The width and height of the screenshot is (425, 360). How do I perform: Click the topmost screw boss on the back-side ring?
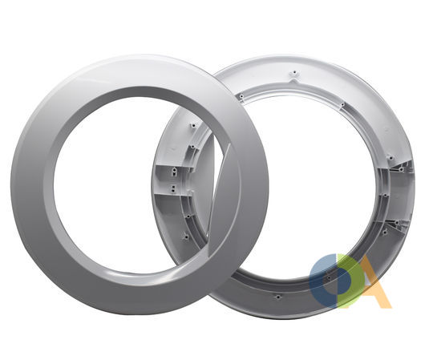pos(294,73)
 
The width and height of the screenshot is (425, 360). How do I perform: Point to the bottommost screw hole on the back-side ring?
pos(277,297)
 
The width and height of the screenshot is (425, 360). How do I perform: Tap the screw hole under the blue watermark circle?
pos(329,277)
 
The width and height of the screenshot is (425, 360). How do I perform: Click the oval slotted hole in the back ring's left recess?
pos(174,171)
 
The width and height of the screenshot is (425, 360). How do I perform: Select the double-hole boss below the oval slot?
pos(173,188)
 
